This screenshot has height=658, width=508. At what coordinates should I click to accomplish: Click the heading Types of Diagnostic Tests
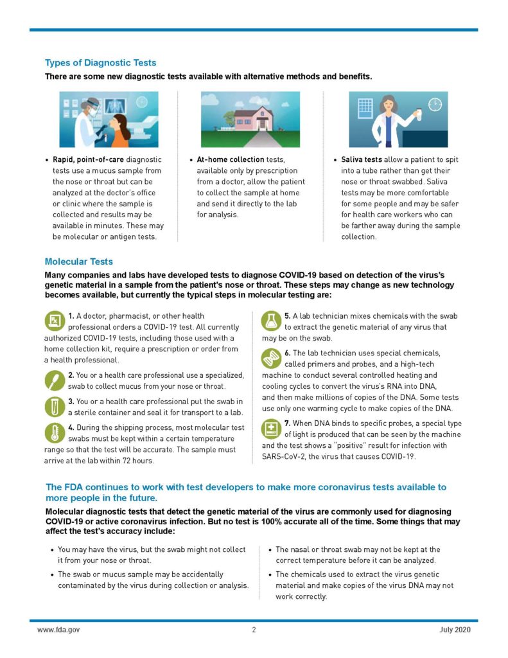[x=100, y=63]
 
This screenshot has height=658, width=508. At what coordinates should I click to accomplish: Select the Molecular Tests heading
[x=78, y=262]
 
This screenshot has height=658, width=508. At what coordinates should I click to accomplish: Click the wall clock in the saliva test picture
[x=435, y=105]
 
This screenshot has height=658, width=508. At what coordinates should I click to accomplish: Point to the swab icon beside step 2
[x=55, y=380]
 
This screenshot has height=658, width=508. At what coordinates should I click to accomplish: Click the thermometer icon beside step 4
[x=55, y=433]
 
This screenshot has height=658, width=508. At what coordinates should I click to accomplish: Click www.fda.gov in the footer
[x=58, y=630]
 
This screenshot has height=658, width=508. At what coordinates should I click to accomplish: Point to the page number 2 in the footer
[x=254, y=630]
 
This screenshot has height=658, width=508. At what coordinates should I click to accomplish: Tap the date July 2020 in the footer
[x=455, y=630]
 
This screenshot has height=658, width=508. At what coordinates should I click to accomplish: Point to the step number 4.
[x=71, y=427]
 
